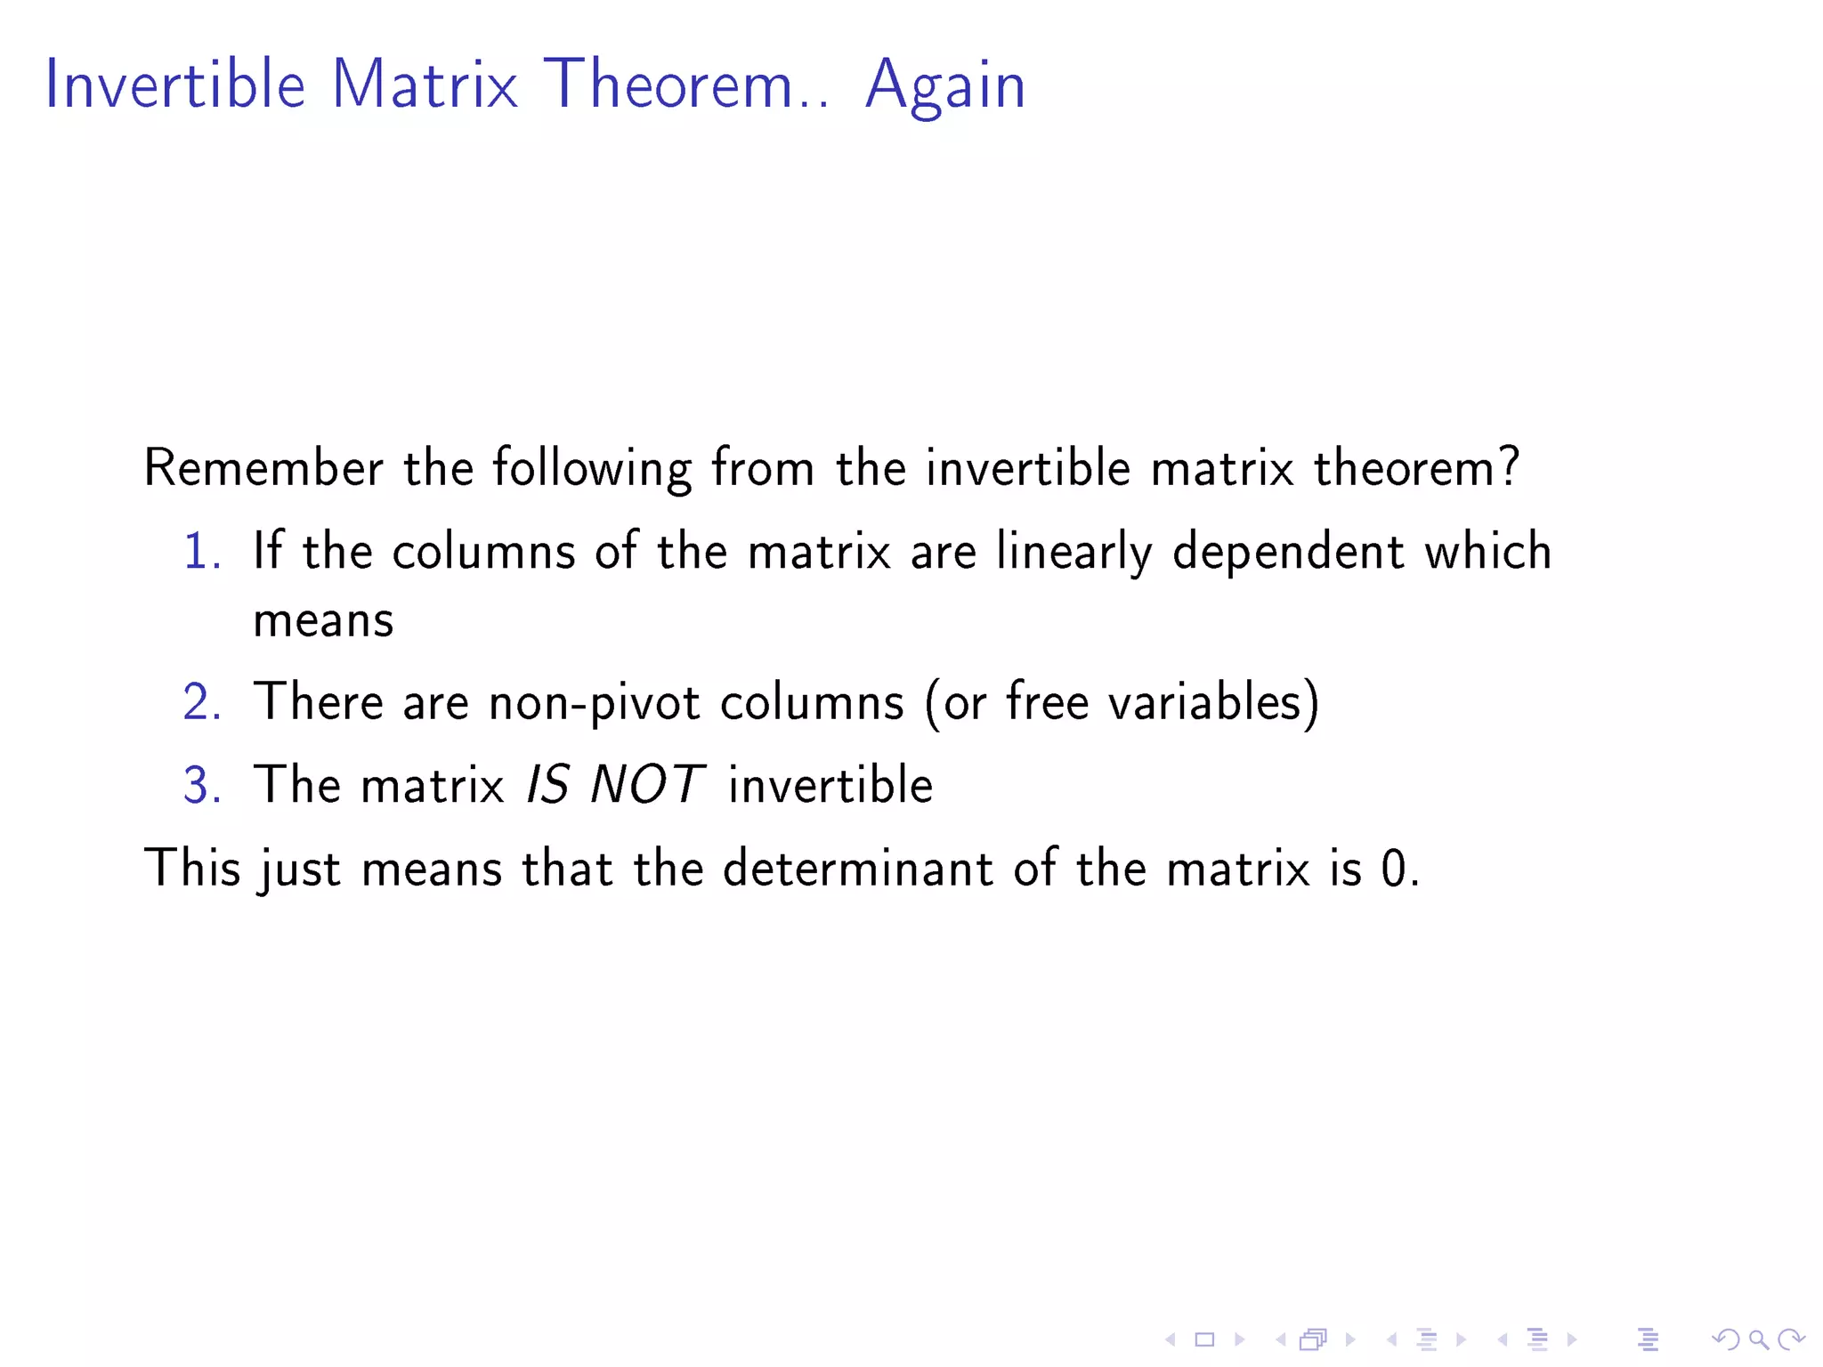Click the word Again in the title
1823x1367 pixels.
point(945,86)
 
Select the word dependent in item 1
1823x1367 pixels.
point(1288,553)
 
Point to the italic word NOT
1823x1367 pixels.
point(647,785)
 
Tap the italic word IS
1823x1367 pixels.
point(547,785)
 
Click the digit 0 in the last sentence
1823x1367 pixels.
point(1393,870)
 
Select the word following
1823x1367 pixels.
point(592,469)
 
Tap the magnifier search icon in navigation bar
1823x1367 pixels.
point(1758,1339)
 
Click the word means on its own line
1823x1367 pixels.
point(323,620)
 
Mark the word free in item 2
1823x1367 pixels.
point(1048,702)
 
